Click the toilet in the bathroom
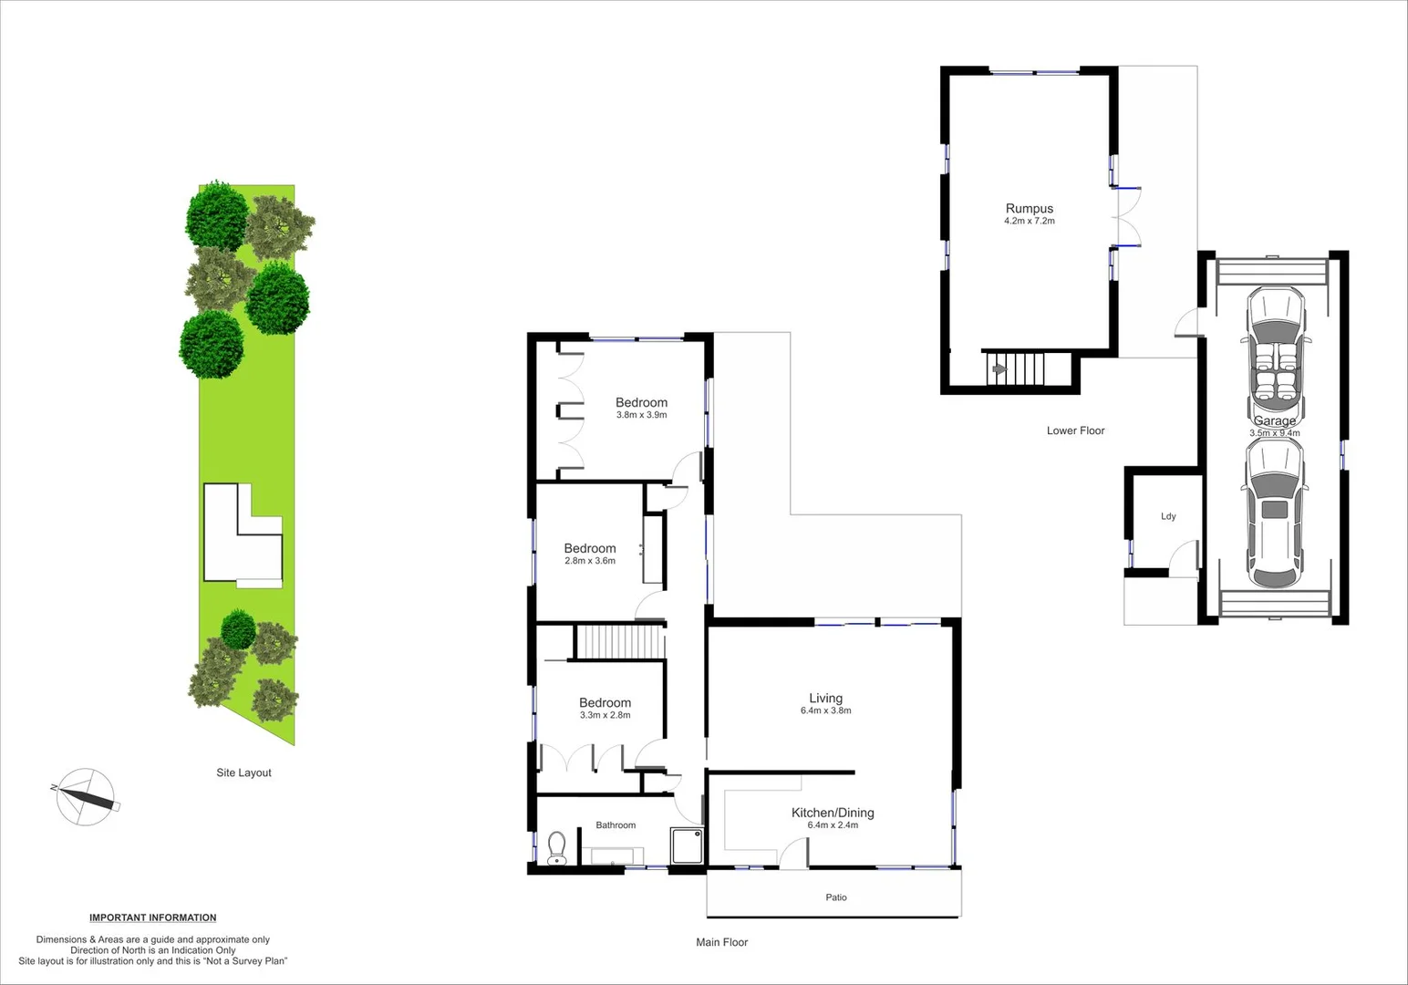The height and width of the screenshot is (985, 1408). [x=556, y=848]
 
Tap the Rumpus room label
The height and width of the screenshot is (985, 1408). [x=1029, y=209]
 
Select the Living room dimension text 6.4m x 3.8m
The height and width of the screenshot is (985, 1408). [x=825, y=710]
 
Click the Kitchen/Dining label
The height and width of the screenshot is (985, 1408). [x=832, y=813]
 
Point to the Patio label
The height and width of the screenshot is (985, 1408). [x=835, y=897]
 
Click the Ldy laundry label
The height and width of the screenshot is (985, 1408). [x=1168, y=516]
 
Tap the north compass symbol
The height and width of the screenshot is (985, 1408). [x=86, y=796]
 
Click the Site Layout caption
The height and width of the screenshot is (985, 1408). [x=243, y=772]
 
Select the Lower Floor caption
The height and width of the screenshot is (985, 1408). [x=1075, y=430]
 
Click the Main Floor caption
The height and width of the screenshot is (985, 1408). [x=721, y=942]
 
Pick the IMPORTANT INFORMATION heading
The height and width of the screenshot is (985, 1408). [x=152, y=918]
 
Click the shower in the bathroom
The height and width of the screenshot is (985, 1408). [x=687, y=845]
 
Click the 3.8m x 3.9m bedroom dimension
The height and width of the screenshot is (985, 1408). [x=641, y=415]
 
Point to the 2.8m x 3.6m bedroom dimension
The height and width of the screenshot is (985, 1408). [x=589, y=561]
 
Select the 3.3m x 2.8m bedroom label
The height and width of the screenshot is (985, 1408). [x=605, y=703]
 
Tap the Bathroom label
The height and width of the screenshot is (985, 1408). [x=616, y=825]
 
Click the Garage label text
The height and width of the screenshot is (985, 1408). [x=1274, y=421]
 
